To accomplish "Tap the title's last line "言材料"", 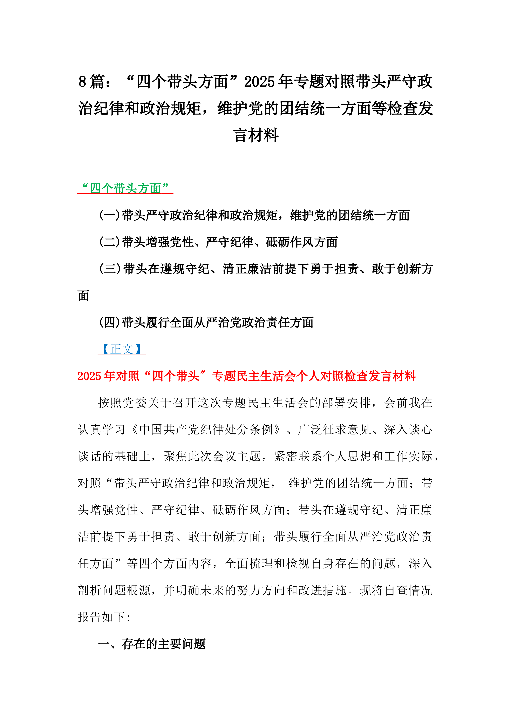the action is (x=256, y=135).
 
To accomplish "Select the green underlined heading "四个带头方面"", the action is (x=125, y=188).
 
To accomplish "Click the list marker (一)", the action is (x=110, y=215).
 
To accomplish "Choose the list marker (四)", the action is (x=110, y=323).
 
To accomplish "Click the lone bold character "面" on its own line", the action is (x=83, y=296).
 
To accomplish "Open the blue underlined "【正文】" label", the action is (x=122, y=349).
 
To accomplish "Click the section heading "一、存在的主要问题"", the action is (x=152, y=644).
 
